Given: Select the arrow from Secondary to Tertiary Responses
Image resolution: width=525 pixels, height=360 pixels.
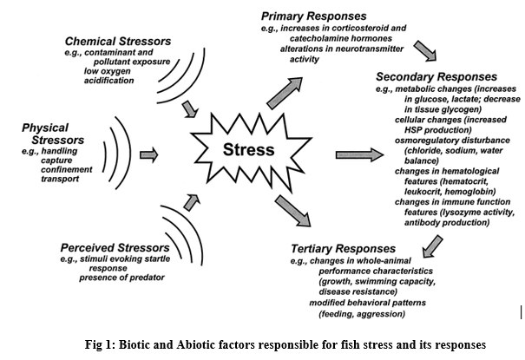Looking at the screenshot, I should click(427, 247).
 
